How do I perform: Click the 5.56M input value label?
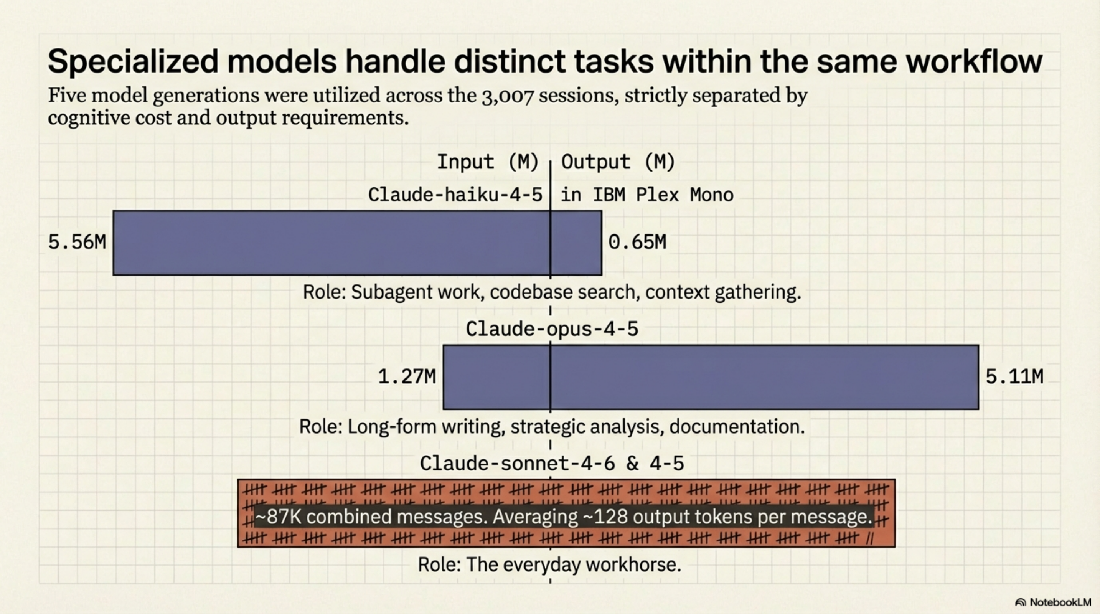[x=77, y=242]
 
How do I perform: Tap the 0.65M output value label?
[x=637, y=242]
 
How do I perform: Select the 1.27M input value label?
[x=407, y=376]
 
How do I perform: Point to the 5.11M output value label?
[x=1014, y=376]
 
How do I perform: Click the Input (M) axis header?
[x=487, y=162]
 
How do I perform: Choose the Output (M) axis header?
[x=618, y=162]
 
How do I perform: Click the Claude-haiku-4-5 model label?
[x=455, y=195]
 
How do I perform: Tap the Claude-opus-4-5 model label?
[x=552, y=329]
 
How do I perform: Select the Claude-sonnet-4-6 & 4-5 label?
[x=552, y=463]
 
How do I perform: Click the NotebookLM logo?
[x=1053, y=602]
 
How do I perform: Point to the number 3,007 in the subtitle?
[x=507, y=96]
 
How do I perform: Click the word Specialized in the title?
[x=133, y=61]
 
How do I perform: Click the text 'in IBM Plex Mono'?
[x=647, y=195]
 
